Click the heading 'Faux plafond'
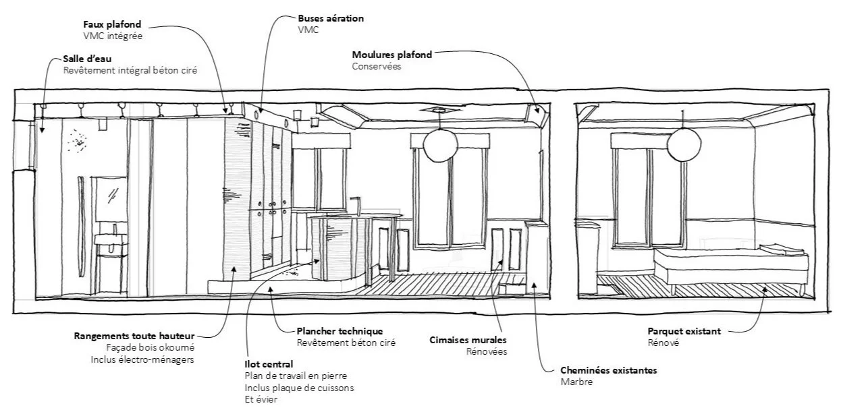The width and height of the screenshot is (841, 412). (111, 24)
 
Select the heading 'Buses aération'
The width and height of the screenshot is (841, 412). (331, 19)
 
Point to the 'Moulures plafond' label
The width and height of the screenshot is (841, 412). (391, 55)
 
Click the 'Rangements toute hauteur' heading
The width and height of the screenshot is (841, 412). (134, 336)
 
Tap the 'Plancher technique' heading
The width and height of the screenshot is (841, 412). (340, 331)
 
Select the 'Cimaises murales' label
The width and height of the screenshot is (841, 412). (468, 341)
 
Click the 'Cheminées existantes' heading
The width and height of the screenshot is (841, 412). (608, 370)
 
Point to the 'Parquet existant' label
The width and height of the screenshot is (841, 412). (684, 331)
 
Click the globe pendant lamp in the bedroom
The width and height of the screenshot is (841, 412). (684, 143)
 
